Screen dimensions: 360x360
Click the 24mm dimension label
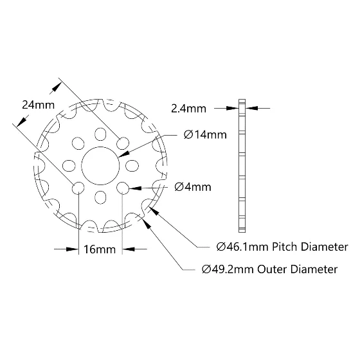[x=39, y=105]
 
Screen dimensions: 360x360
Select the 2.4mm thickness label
[x=188, y=109]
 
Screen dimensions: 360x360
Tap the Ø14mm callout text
[x=205, y=135]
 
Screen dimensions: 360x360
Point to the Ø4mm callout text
[x=193, y=187]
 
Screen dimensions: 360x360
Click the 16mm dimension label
[x=100, y=249]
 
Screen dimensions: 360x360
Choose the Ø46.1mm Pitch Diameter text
[x=282, y=247]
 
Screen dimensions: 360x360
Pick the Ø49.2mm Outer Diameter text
[x=269, y=269]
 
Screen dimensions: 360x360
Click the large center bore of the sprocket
[x=100, y=166]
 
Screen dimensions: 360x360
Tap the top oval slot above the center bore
[x=100, y=134]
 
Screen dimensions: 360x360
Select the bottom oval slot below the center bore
[x=100, y=197]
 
